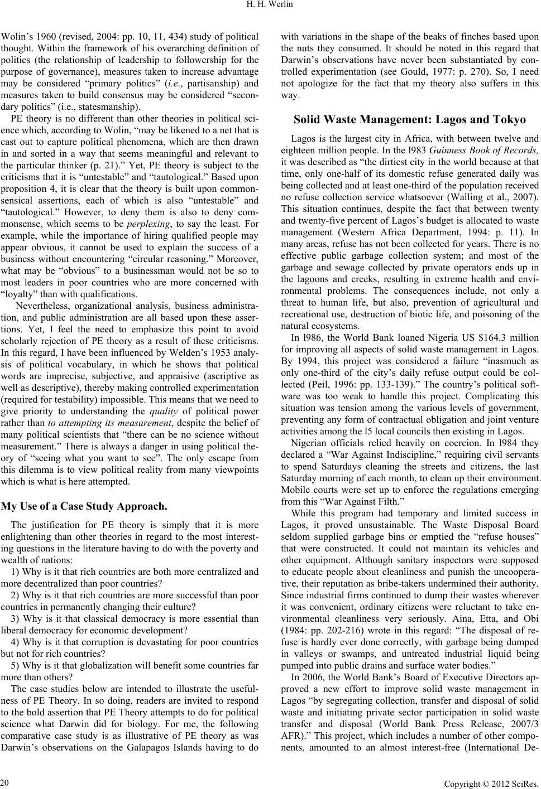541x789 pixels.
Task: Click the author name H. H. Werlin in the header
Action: click(x=270, y=6)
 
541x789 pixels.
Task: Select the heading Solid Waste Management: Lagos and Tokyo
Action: click(x=409, y=119)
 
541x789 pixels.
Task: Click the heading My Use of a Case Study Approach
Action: click(x=84, y=507)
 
